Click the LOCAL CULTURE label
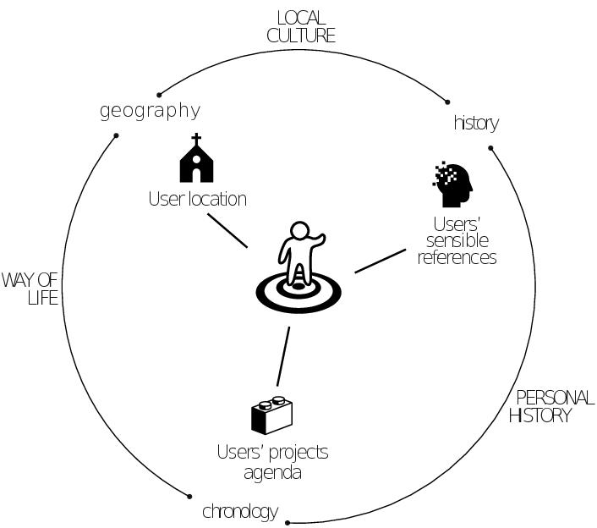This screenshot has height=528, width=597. pyautogui.click(x=301, y=26)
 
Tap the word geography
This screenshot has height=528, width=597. pyautogui.click(x=150, y=111)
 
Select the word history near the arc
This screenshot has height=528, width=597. pyautogui.click(x=476, y=124)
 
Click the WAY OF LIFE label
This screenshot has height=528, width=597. pyautogui.click(x=30, y=289)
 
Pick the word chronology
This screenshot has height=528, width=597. pyautogui.click(x=239, y=511)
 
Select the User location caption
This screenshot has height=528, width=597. pyautogui.click(x=197, y=200)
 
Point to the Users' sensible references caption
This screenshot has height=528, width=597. pyautogui.click(x=457, y=241)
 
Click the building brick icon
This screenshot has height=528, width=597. pyautogui.click(x=271, y=415)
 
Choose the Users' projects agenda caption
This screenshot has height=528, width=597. pyautogui.click(x=272, y=462)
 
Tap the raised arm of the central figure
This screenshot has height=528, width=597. pyautogui.click(x=317, y=243)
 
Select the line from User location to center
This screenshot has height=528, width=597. pyautogui.click(x=227, y=229)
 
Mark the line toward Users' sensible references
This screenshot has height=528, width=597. pyautogui.click(x=380, y=261)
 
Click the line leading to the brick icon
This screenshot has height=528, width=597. pyautogui.click(x=282, y=357)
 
